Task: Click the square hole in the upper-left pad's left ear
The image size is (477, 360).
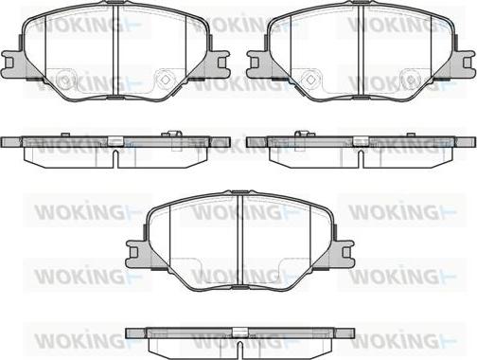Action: pos(9,63)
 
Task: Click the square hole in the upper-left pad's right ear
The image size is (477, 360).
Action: pos(221,63)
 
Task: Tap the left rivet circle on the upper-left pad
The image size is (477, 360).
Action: pos(64,79)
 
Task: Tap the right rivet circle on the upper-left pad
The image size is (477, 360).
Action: pos(165,79)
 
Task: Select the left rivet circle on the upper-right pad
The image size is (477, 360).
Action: pos(310,79)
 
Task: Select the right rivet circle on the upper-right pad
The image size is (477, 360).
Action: pos(411,79)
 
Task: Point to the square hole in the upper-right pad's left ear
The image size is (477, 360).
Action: pos(255,63)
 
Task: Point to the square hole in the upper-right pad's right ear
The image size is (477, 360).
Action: pos(467,63)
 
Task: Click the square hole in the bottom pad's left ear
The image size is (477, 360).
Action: pos(134,252)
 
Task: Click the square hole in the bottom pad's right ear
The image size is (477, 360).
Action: pos(346,252)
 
